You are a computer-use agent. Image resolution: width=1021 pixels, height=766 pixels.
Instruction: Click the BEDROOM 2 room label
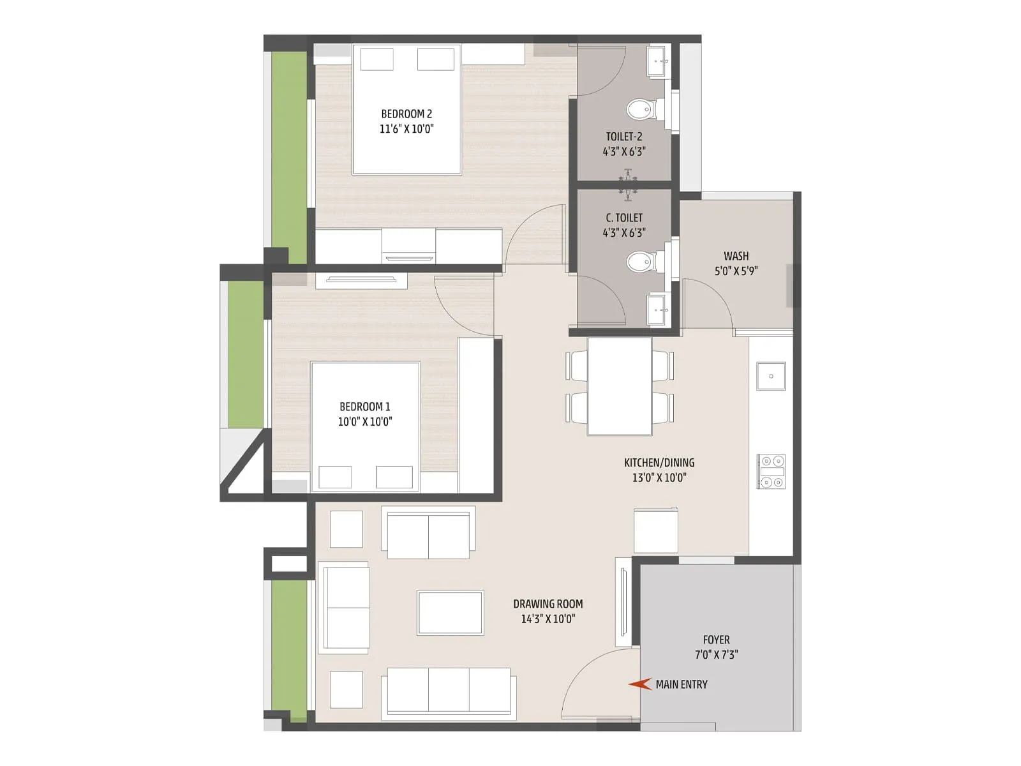(406, 114)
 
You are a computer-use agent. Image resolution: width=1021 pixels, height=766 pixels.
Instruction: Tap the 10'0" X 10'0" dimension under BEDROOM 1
(365, 421)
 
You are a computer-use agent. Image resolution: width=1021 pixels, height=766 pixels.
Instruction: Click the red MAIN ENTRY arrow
(639, 684)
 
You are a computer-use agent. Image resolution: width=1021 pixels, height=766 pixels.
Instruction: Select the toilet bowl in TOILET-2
(639, 110)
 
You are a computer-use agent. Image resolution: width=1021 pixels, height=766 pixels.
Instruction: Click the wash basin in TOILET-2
(657, 61)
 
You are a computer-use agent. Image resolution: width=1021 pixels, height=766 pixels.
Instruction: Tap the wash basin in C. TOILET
(657, 310)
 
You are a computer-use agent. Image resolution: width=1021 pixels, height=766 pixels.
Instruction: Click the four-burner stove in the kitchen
(771, 472)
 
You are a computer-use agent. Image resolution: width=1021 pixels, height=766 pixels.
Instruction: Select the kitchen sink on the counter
(771, 376)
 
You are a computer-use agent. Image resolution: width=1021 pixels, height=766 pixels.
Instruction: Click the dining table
(620, 386)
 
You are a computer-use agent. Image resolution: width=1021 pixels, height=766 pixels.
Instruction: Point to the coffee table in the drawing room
(450, 613)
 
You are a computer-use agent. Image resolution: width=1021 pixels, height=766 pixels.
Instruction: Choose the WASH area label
(736, 256)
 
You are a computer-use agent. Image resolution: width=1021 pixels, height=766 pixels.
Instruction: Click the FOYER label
(716, 640)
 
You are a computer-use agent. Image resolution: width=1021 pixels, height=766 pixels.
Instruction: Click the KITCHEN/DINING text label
(659, 463)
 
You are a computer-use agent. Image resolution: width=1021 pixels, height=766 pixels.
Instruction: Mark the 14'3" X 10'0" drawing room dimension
(548, 619)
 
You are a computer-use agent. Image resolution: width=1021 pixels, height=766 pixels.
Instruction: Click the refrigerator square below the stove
(655, 530)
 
